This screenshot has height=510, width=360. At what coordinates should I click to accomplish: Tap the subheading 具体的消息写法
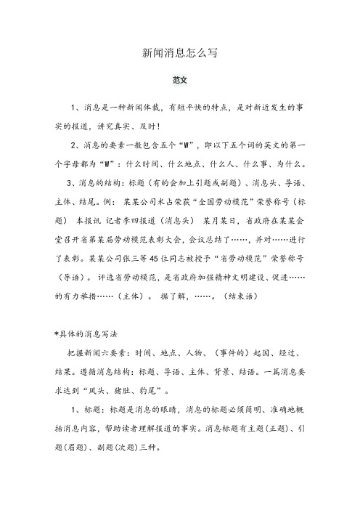85,333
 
